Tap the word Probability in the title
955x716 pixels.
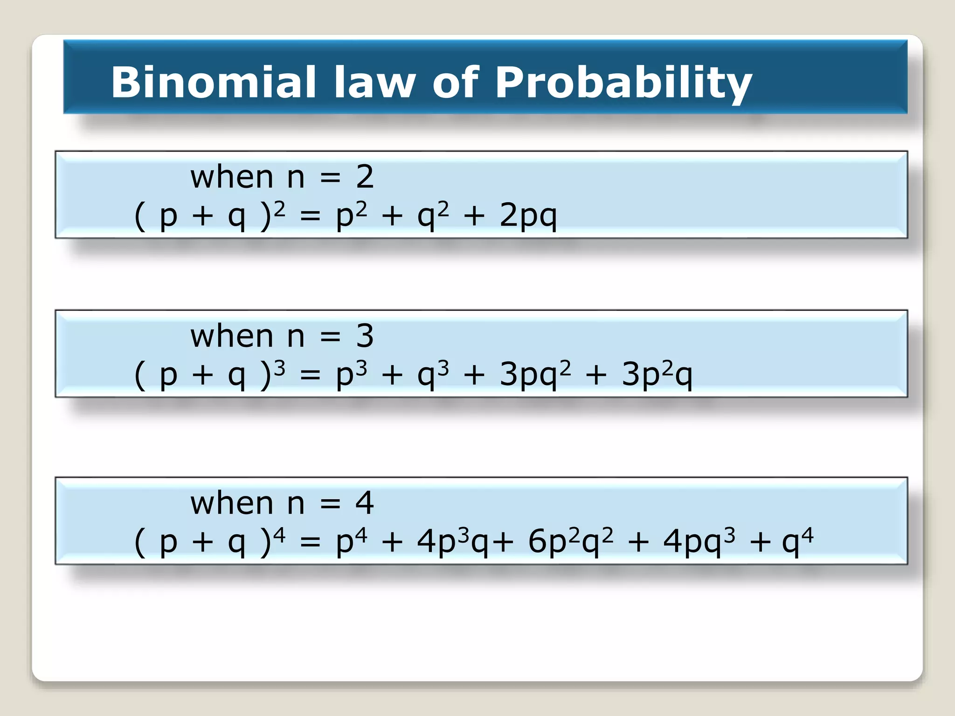tap(623, 83)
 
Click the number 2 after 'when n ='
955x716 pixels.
tap(365, 177)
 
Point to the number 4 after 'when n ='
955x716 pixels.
tap(365, 503)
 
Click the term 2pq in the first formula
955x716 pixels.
tap(528, 216)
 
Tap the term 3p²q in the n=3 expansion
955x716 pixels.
tap(657, 374)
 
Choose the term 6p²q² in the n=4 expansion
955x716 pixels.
tap(570, 541)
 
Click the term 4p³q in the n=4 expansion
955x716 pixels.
tap(452, 541)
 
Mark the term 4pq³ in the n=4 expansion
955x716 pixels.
tap(699, 541)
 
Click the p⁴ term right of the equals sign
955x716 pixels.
tap(351, 541)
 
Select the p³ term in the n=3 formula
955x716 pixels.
tap(351, 374)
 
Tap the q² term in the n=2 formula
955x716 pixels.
tap(433, 216)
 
